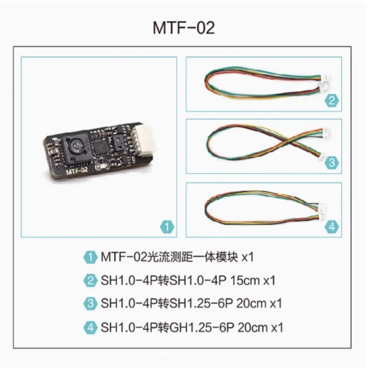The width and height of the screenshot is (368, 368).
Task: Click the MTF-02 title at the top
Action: coord(184,28)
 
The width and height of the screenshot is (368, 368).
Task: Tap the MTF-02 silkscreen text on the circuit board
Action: coord(77,170)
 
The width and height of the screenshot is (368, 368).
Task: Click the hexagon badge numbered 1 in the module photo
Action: coord(167,227)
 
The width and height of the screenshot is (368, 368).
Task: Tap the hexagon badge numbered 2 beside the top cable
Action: coord(332,101)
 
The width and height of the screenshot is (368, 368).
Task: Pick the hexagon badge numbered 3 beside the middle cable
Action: coord(332,163)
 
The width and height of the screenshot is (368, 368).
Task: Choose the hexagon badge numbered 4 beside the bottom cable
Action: coord(332,227)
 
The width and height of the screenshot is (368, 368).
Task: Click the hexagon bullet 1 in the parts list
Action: coord(90,257)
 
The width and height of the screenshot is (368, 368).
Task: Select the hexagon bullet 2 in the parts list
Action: coord(90,281)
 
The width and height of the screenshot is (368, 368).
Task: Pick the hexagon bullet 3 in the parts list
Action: coord(90,304)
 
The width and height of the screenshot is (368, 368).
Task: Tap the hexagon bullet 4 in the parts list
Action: coord(90,328)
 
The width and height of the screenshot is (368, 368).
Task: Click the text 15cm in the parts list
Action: coord(245,281)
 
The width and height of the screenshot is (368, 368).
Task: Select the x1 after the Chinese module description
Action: coord(247,257)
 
